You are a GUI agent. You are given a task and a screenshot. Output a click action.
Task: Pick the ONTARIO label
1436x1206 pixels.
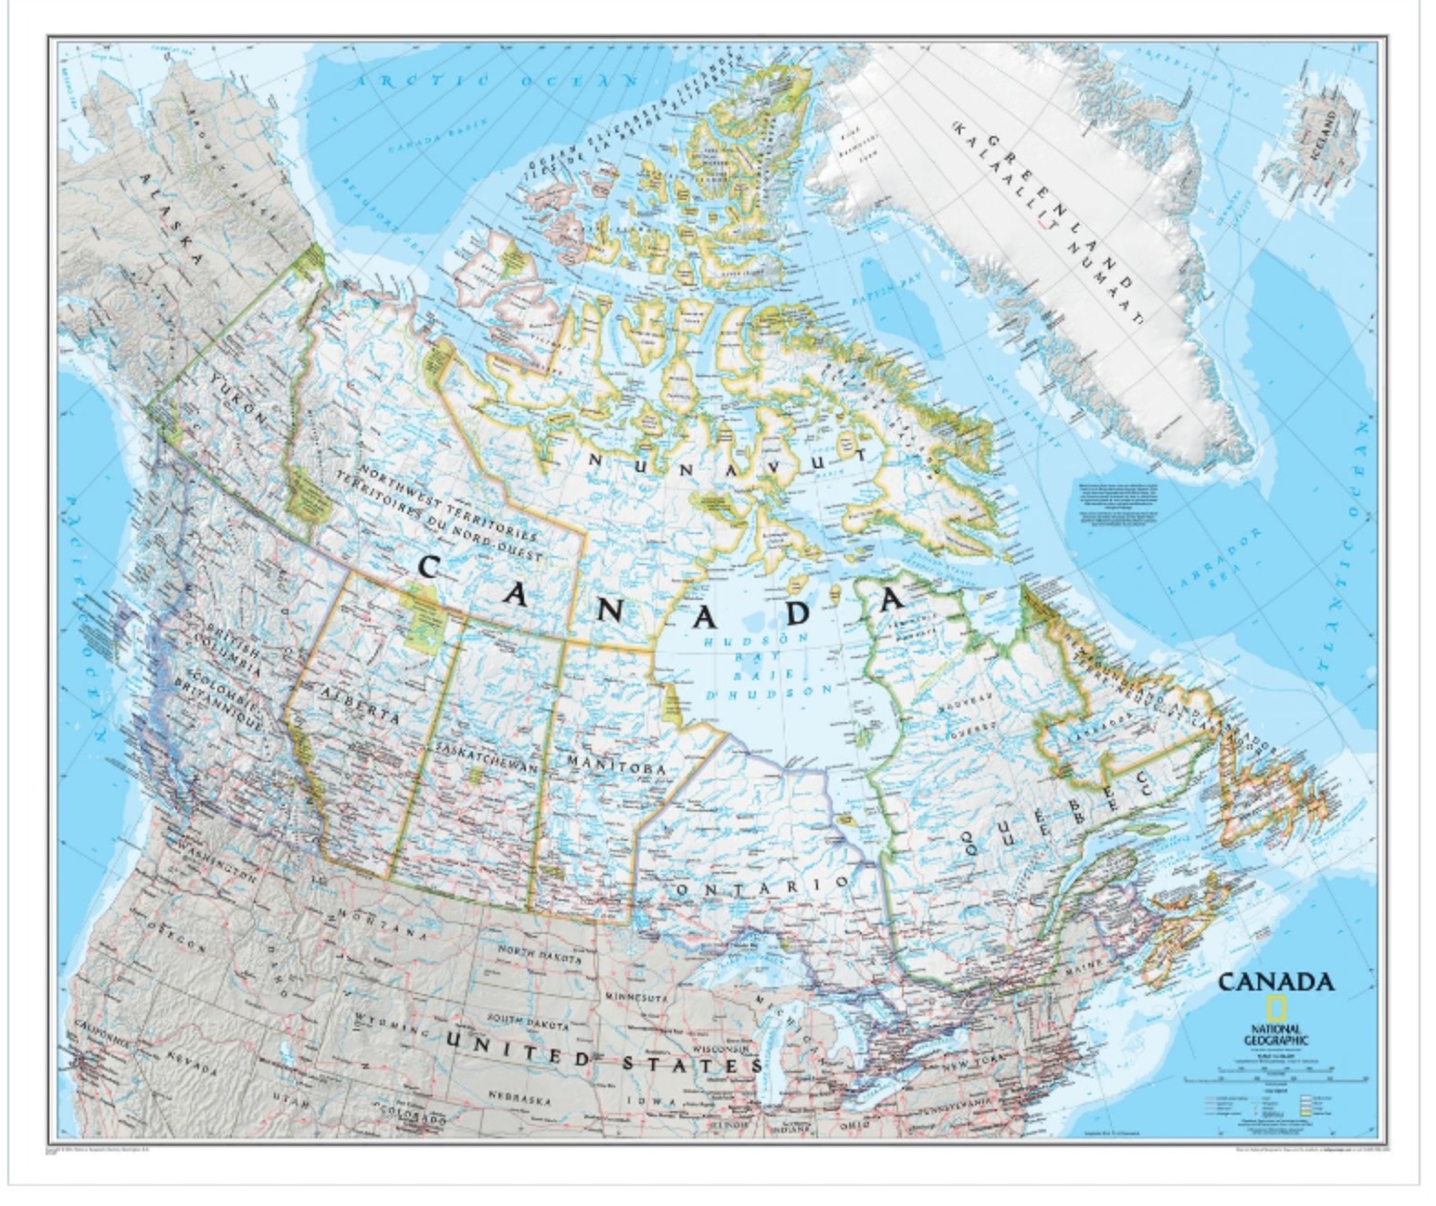click(762, 886)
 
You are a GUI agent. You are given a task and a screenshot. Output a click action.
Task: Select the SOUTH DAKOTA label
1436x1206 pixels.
click(529, 1022)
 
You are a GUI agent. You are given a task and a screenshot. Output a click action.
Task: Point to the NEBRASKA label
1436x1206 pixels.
click(519, 1098)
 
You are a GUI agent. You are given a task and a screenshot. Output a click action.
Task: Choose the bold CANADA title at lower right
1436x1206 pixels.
click(1275, 982)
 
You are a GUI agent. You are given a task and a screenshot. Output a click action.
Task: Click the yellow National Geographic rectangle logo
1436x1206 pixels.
click(1275, 1010)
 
